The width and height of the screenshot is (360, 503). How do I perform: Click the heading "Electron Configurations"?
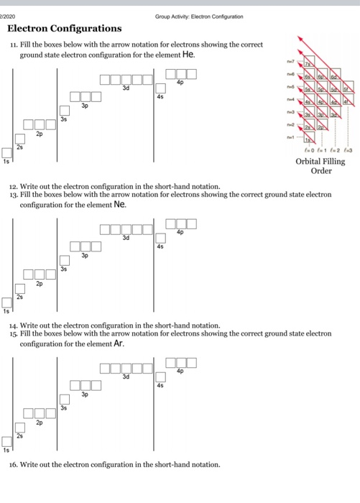pyautogui.click(x=64, y=29)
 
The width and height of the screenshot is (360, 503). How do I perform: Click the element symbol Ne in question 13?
pyautogui.click(x=120, y=203)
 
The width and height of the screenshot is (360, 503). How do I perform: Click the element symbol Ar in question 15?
pyautogui.click(x=119, y=343)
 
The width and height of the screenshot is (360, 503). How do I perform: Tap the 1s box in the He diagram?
pyautogui.click(x=6, y=152)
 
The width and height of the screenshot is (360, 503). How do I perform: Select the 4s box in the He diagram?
pyautogui.click(x=160, y=88)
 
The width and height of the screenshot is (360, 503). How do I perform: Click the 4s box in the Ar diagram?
pyautogui.click(x=160, y=377)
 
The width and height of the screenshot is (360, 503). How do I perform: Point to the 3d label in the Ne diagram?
pyautogui.click(x=126, y=237)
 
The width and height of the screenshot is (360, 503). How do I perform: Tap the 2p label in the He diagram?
pyautogui.click(x=39, y=134)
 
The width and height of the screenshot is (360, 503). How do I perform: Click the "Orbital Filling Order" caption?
pyautogui.click(x=320, y=167)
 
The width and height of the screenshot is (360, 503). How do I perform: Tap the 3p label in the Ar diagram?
pyautogui.click(x=85, y=394)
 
